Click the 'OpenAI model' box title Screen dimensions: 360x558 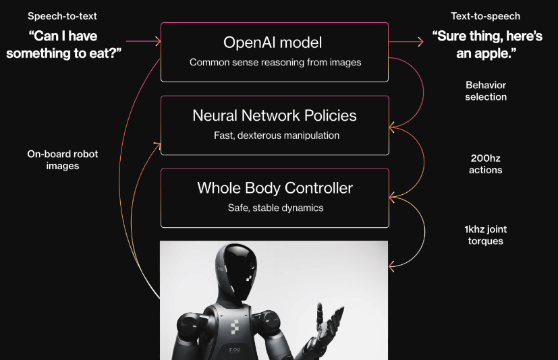point(273,42)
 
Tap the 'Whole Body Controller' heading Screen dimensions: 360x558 point(275,187)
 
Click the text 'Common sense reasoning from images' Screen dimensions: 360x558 point(275,63)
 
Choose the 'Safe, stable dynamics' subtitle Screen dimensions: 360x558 point(275,208)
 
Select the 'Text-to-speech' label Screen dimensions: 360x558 point(486,16)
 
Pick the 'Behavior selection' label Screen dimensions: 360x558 point(486,91)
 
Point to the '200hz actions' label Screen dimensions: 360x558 point(486,164)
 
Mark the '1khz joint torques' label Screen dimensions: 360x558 point(486,235)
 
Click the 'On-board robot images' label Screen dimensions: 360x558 point(63,160)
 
